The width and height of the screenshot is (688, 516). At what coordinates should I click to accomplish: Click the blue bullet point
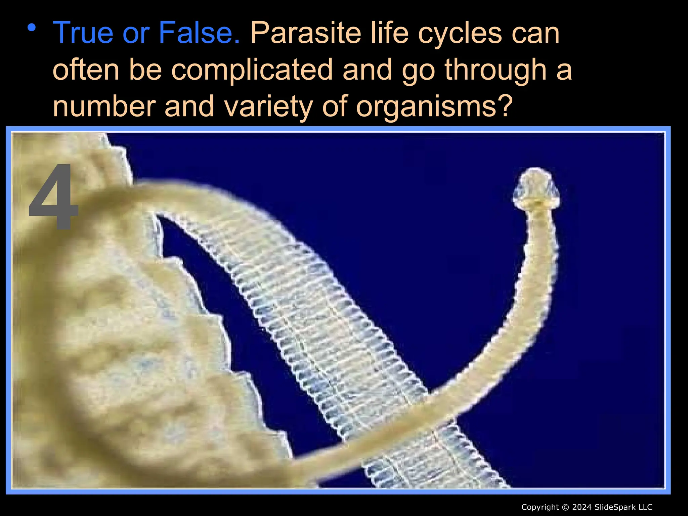click(32, 28)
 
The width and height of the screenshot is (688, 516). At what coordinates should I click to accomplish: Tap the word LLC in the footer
click(645, 507)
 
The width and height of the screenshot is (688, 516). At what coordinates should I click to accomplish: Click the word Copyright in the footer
click(540, 507)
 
